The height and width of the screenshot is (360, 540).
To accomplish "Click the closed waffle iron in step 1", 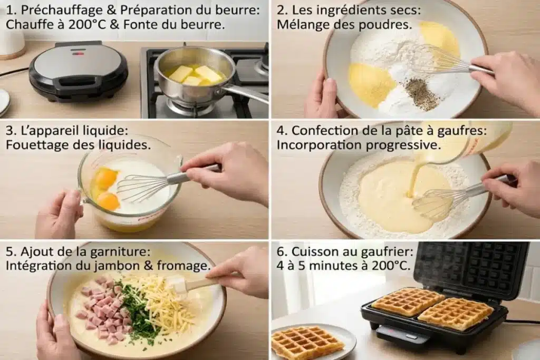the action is tap(79, 71).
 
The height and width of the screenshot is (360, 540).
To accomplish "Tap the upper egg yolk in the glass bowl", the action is tap(105, 178).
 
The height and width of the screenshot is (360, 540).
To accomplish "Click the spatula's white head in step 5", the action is tap(177, 286).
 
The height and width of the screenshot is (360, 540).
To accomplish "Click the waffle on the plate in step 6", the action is tap(307, 343).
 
